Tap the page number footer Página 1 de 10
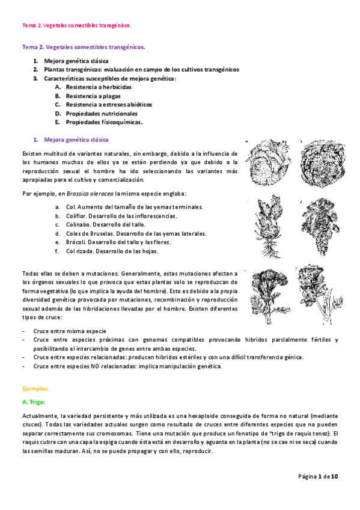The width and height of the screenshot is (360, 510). pos(319,476)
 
